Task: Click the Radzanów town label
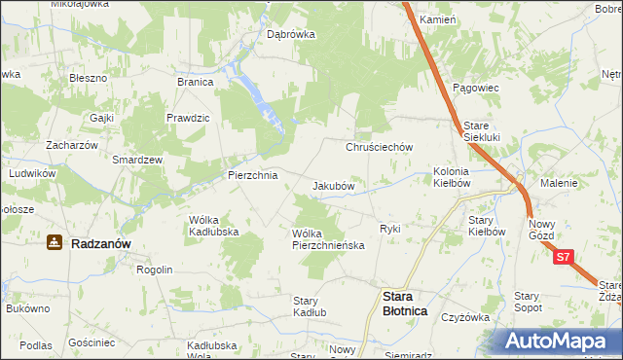[x=101, y=244]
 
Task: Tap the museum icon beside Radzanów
[x=55, y=243]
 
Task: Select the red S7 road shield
[x=565, y=258]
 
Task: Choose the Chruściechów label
[x=381, y=147]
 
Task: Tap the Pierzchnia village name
[x=252, y=176]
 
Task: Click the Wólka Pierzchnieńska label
[x=328, y=239]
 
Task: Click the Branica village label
[x=195, y=83]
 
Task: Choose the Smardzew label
[x=137, y=159]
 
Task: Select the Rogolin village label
[x=154, y=270]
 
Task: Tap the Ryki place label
[x=390, y=229]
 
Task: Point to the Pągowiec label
[x=476, y=88]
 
